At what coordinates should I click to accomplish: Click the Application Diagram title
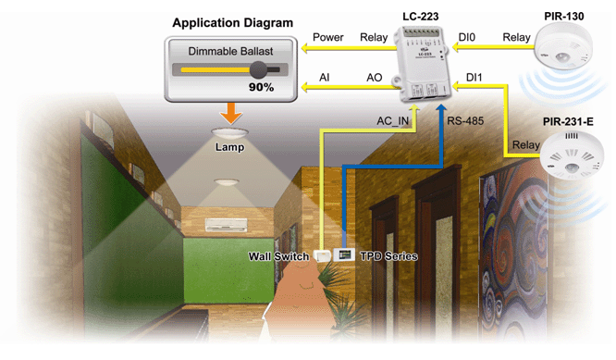232,23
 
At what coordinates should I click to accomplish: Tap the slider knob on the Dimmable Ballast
258,70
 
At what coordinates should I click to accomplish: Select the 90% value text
261,87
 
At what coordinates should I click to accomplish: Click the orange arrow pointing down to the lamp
231,113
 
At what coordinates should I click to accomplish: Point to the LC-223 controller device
421,63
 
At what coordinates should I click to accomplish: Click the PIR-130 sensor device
563,46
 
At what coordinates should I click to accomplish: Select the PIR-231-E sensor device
572,155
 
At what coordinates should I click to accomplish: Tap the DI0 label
467,37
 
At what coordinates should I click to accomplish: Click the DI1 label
474,78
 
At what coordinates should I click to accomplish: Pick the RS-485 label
465,120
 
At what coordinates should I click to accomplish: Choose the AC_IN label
393,121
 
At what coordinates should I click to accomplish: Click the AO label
374,78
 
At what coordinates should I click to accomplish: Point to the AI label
324,78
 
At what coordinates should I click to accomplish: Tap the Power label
328,37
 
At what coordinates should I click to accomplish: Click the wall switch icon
322,255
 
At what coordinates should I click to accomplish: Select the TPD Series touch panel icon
344,254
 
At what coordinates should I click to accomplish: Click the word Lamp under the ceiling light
229,147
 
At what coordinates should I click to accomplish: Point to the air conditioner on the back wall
226,224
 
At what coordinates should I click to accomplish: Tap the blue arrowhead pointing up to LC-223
441,109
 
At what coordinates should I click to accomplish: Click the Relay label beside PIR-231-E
525,145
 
